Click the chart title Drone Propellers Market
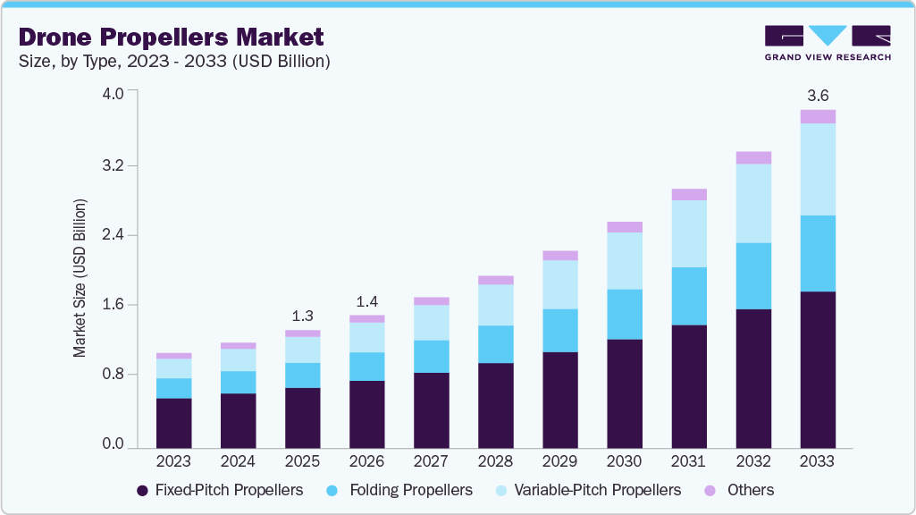coord(171,38)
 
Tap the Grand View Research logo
coord(827,43)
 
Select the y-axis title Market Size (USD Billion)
coord(80,278)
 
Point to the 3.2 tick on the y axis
coord(113,166)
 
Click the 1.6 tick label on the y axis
coord(113,305)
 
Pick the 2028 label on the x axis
coord(495,461)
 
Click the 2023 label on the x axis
coord(173,461)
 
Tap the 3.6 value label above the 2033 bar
coord(818,95)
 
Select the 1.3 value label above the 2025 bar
coord(302,316)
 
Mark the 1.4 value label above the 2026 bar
coord(366,301)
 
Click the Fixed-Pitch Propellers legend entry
coord(219,490)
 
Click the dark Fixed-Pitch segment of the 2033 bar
coord(818,369)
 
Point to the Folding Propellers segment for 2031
coord(689,296)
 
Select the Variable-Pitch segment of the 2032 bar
coord(753,203)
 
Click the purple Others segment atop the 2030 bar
coord(625,227)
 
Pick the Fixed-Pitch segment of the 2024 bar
coord(238,420)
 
